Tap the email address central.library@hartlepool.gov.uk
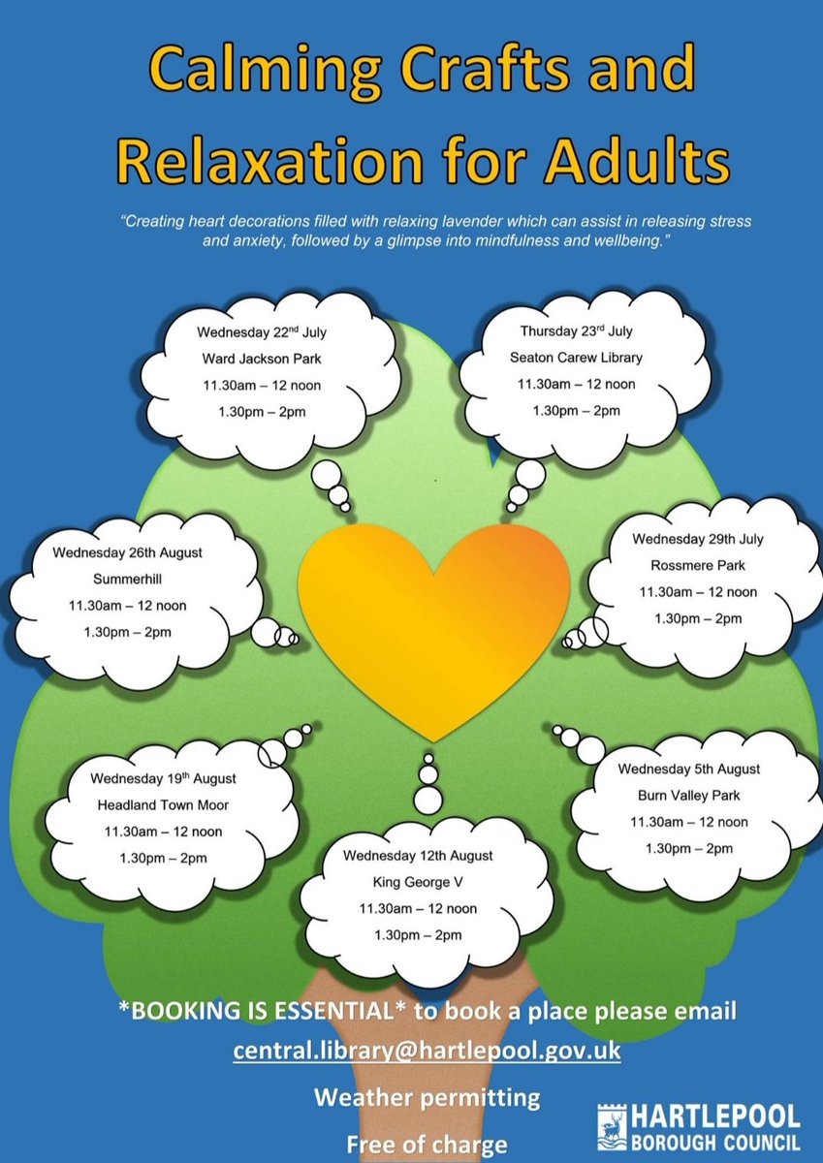(427, 1051)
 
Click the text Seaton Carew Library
(576, 358)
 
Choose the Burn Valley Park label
(689, 796)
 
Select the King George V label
(417, 883)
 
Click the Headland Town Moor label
(163, 804)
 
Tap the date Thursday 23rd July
(576, 331)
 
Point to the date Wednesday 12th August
(417, 857)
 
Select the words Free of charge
(427, 1145)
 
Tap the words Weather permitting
(427, 1098)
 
